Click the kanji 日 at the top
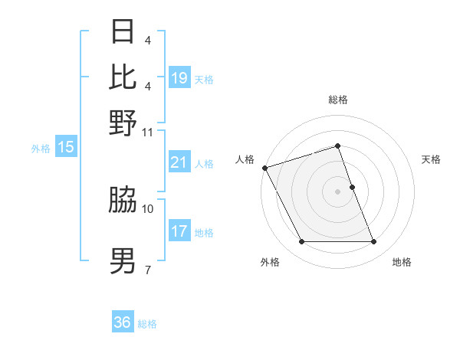(123, 32)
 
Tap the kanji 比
(123, 77)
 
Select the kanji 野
(123, 122)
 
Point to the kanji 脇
(123, 201)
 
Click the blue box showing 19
(179, 77)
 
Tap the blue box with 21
(179, 162)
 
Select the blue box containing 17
(179, 231)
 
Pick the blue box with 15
(66, 147)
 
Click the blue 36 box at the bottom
(123, 322)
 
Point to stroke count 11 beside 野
(148, 132)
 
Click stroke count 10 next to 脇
(148, 208)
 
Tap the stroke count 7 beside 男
(148, 270)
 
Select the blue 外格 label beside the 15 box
(41, 148)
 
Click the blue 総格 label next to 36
(147, 324)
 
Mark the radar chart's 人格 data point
(264, 168)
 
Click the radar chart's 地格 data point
(374, 242)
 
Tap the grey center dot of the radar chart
(337, 191)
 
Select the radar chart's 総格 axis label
(337, 100)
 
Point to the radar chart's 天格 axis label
(431, 159)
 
